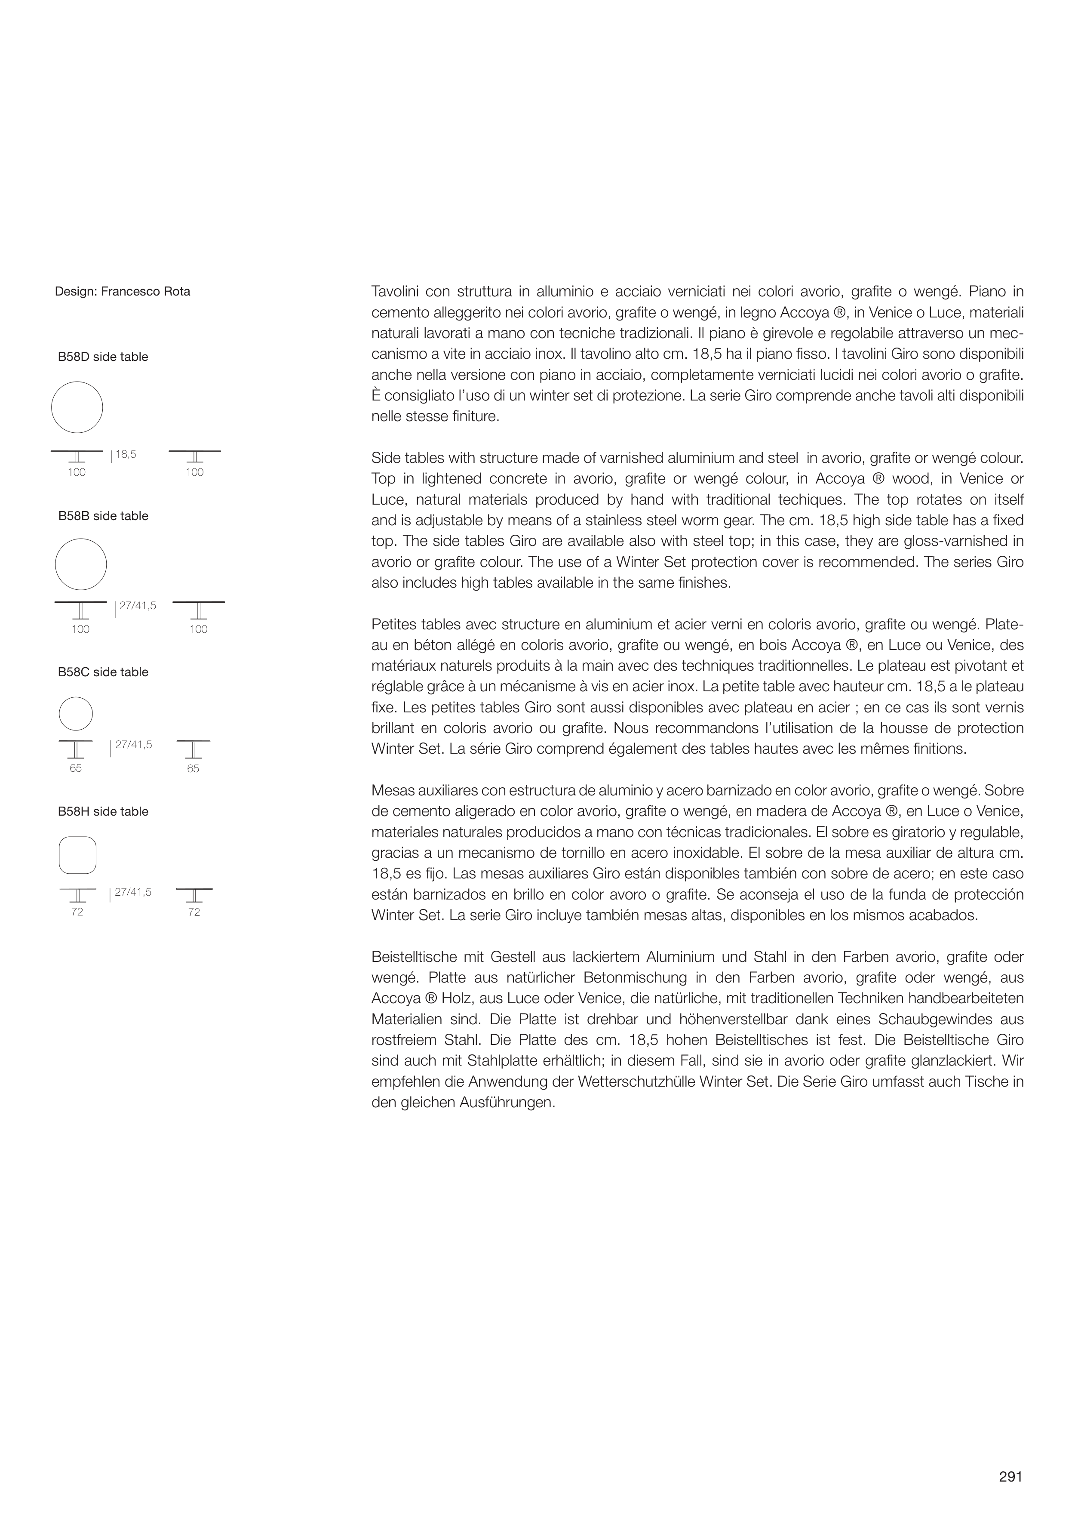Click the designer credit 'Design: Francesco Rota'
[123, 292]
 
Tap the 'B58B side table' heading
[103, 516]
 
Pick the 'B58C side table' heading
[103, 672]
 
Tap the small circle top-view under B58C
[76, 714]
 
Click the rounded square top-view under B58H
[77, 855]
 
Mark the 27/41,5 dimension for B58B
[137, 605]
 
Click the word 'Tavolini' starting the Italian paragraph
[394, 292]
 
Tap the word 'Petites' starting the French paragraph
[394, 625]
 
